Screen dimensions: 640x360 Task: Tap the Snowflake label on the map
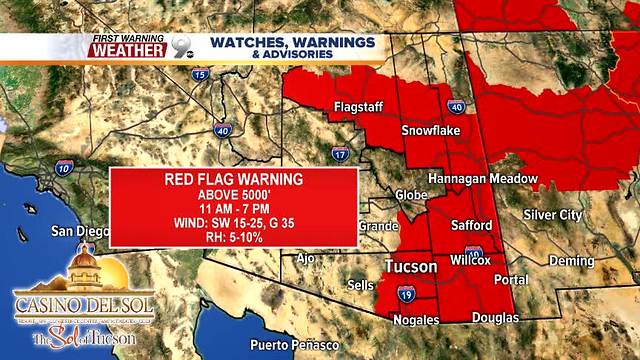430,131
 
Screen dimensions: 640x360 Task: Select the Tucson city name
410,267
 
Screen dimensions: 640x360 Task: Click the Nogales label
416,320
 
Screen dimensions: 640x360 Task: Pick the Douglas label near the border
496,318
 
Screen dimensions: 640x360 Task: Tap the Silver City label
552,215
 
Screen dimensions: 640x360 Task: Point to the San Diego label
77,231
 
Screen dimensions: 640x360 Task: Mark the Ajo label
305,258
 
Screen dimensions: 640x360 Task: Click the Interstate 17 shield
340,154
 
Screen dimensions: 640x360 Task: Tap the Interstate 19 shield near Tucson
407,294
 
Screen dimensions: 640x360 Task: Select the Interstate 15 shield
200,74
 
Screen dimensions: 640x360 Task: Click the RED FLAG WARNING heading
233,180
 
